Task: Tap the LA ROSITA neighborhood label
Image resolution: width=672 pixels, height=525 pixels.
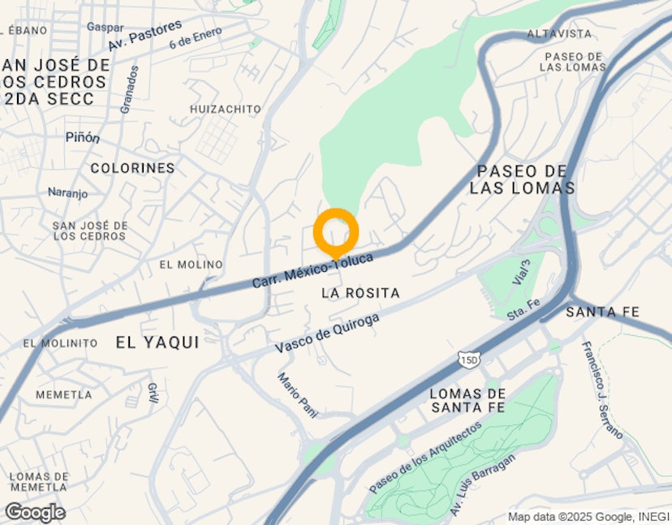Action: click(x=361, y=292)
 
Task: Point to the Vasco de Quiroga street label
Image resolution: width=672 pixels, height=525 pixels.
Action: click(x=326, y=334)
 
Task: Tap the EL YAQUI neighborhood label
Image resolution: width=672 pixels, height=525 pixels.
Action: click(x=157, y=342)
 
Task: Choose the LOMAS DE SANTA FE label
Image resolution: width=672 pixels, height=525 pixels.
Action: click(x=468, y=400)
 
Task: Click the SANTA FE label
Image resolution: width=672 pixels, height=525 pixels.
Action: click(x=603, y=312)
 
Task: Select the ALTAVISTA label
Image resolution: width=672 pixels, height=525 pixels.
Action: click(x=559, y=34)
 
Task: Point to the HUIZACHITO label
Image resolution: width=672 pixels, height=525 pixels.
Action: click(x=226, y=109)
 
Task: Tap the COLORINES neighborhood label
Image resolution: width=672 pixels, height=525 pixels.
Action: click(x=132, y=168)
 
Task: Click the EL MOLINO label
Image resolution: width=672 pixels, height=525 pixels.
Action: click(x=191, y=265)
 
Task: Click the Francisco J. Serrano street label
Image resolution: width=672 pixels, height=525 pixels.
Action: click(x=601, y=390)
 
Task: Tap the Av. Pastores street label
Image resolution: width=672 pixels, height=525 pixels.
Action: click(x=145, y=35)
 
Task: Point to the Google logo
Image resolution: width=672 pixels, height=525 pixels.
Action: click(x=35, y=513)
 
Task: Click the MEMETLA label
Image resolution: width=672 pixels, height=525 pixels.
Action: click(x=63, y=394)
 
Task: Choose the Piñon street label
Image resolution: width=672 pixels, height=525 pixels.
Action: click(x=83, y=138)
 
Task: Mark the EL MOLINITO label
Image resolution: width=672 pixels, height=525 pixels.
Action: click(x=60, y=343)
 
